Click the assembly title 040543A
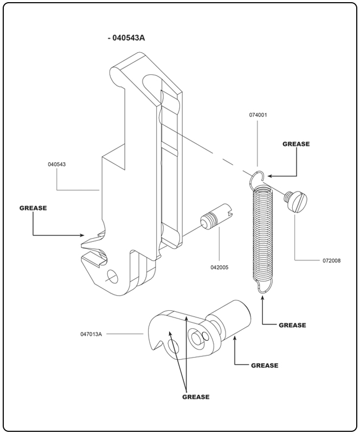(128, 38)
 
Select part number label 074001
(259, 116)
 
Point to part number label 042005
(219, 267)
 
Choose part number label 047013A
(90, 334)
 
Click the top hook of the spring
(259, 177)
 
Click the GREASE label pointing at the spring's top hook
(296, 144)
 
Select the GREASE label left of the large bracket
(33, 208)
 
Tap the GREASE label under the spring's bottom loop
(292, 325)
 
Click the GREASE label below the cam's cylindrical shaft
(265, 366)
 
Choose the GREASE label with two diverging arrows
(196, 397)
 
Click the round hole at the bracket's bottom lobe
(113, 276)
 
